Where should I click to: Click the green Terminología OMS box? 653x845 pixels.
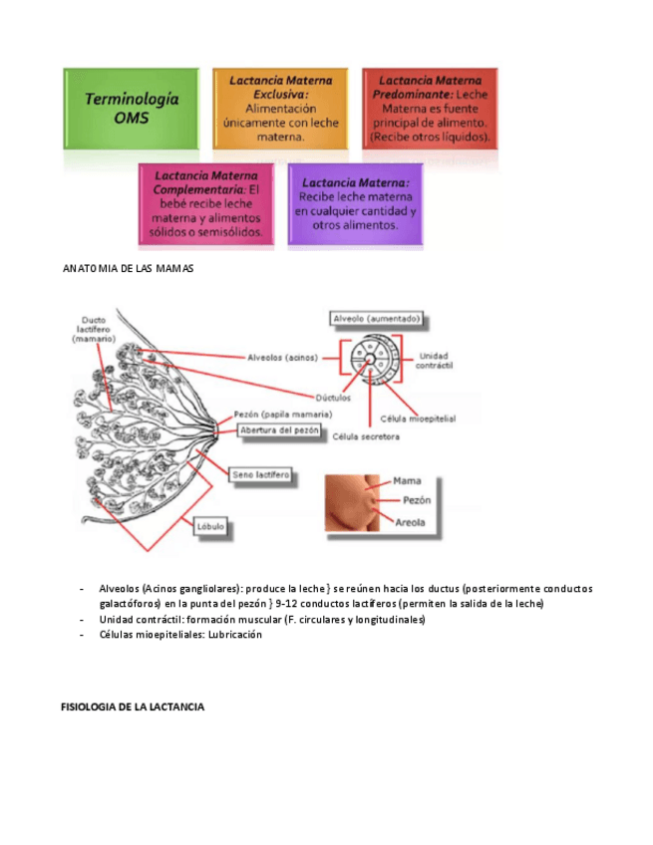(x=132, y=108)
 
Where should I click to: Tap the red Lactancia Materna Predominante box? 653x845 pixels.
(x=430, y=108)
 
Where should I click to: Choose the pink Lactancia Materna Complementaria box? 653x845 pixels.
(x=206, y=203)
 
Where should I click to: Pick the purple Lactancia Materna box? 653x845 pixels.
(x=355, y=203)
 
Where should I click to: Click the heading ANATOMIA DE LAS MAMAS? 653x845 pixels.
(x=127, y=270)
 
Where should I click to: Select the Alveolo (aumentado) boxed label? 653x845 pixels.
(x=377, y=320)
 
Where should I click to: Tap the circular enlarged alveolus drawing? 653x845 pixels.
(x=369, y=358)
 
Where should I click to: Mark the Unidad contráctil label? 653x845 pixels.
(x=434, y=360)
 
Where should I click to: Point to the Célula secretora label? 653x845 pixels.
(x=366, y=436)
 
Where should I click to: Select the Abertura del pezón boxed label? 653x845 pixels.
(x=278, y=430)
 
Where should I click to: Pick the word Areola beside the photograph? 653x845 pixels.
(x=413, y=521)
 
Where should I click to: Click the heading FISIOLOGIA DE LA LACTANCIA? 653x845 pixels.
(x=133, y=706)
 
